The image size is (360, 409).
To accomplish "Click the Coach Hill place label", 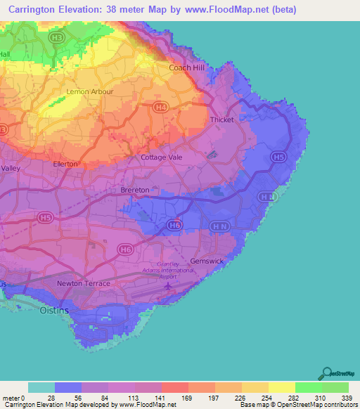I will point(186,67).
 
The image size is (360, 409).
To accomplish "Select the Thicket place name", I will point(222,119).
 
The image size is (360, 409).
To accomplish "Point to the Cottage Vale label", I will point(162,157).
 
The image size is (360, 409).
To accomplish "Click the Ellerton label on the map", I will point(65,164).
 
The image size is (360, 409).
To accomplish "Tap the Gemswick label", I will point(207,260).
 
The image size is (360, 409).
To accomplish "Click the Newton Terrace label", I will point(84,283).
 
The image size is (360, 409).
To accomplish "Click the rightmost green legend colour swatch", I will point(335,387).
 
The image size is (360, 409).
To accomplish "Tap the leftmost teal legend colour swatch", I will point(41,387).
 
